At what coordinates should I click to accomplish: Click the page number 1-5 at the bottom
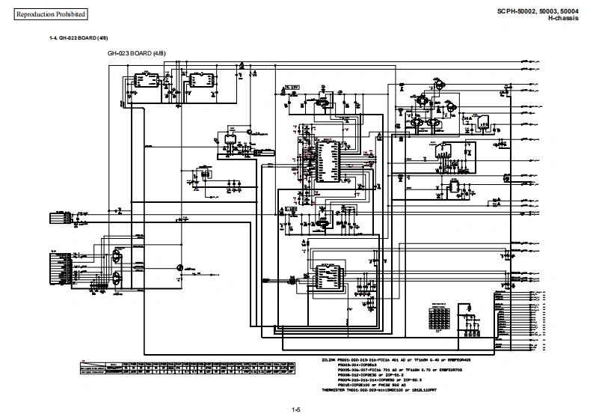(x=296, y=410)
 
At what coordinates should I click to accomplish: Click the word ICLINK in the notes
(x=330, y=359)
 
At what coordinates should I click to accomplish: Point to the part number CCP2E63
(x=374, y=365)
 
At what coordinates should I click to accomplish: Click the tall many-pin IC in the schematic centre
(x=326, y=159)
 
